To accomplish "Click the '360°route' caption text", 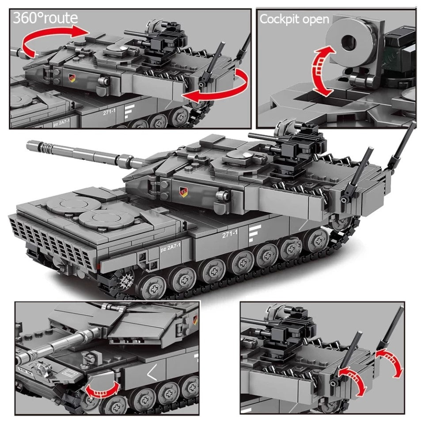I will (45, 18).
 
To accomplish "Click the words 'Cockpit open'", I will (294, 19).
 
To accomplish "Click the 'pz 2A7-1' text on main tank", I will (168, 250).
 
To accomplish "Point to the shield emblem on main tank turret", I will (182, 191).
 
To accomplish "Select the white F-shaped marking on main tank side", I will (254, 233).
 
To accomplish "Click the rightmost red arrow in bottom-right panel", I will (392, 360).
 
